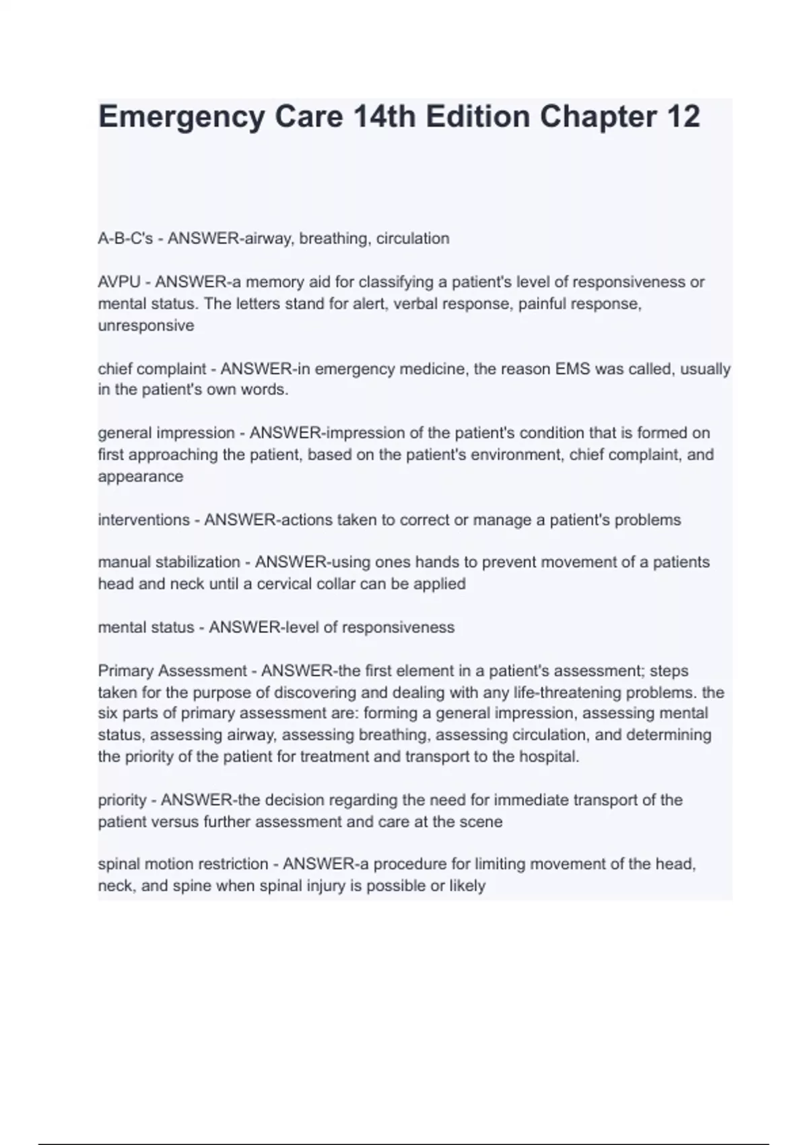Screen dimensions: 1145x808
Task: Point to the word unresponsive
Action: [146, 325]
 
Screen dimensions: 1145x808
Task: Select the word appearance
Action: [141, 477]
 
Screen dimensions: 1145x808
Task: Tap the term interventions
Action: [144, 520]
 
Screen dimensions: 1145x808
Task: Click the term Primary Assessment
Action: [172, 671]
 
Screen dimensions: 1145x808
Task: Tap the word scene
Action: [481, 822]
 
